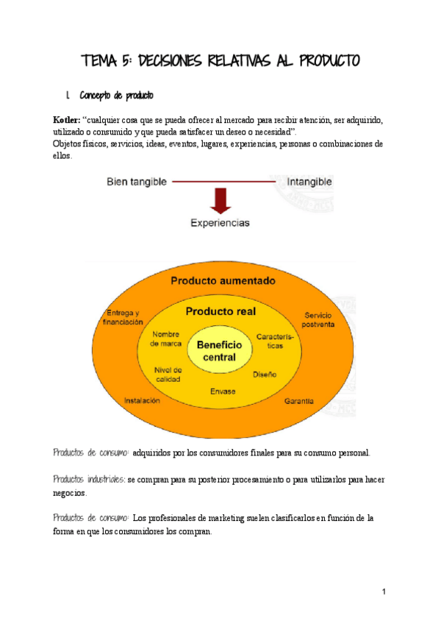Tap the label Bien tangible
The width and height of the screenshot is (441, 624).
(x=137, y=181)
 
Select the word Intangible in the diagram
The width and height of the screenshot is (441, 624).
(x=309, y=181)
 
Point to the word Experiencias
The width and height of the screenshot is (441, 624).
(x=220, y=221)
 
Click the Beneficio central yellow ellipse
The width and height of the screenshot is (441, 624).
(x=220, y=351)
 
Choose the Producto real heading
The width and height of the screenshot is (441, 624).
(x=220, y=311)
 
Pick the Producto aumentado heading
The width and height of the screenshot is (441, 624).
(x=223, y=280)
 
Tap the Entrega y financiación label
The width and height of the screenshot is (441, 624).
(x=123, y=317)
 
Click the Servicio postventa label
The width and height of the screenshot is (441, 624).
(x=318, y=319)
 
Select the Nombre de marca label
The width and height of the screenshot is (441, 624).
(x=165, y=338)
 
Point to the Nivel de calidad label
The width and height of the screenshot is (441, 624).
(x=168, y=374)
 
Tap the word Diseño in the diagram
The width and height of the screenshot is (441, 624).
(x=265, y=375)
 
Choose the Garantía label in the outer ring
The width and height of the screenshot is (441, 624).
(x=299, y=401)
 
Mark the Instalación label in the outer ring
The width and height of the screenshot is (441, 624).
(x=142, y=401)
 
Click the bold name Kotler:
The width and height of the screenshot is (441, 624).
(x=66, y=120)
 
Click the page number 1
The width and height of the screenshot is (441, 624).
(x=384, y=592)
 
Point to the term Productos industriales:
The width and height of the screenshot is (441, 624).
(x=89, y=479)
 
